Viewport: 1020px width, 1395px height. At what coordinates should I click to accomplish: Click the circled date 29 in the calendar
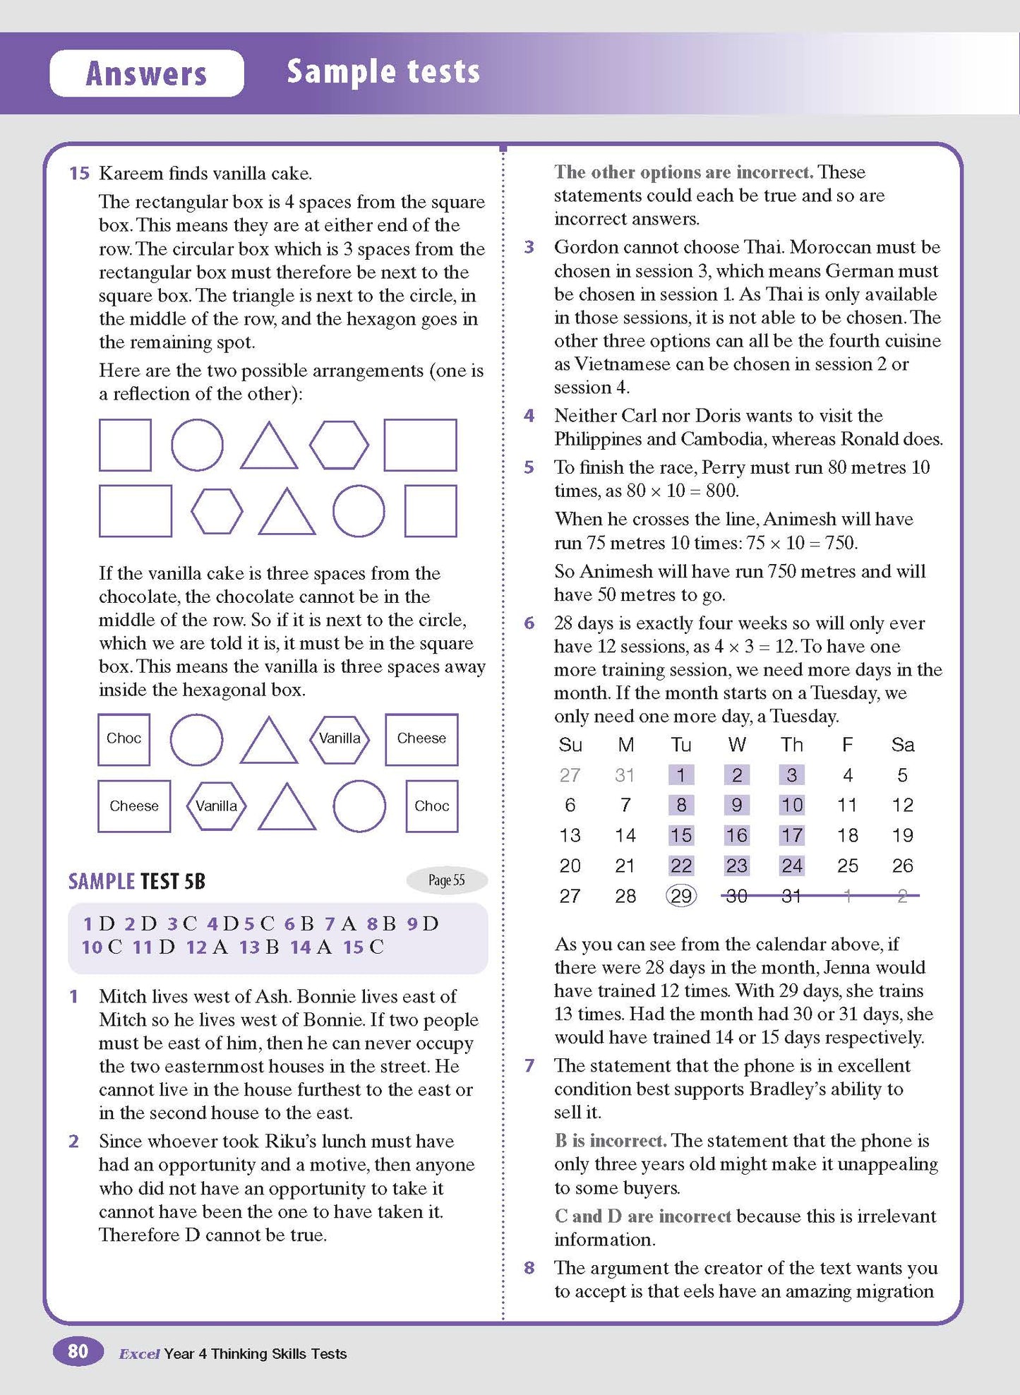click(x=680, y=896)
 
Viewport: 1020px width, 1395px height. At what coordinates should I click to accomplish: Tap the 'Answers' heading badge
click(x=146, y=73)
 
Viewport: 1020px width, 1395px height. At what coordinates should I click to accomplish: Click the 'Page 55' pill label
click(x=447, y=880)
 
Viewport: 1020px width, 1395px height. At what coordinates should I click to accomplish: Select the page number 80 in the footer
click(x=78, y=1351)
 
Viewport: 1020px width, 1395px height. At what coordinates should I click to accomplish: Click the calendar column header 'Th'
click(x=791, y=745)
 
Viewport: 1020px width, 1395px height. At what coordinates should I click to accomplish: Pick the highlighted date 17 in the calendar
click(x=791, y=835)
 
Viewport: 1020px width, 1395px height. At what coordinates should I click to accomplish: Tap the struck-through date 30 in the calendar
click(x=736, y=896)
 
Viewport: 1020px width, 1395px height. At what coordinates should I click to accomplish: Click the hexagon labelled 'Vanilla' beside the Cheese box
click(x=340, y=738)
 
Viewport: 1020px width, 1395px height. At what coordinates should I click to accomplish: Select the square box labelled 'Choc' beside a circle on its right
click(x=124, y=738)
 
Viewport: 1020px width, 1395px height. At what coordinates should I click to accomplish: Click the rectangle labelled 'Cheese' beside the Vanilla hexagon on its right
click(x=134, y=806)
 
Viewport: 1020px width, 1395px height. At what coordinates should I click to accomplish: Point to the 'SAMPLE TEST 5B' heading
click(x=136, y=881)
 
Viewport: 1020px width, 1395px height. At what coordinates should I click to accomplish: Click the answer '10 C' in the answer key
click(x=102, y=947)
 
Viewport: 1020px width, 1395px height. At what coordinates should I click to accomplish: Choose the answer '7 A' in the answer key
click(x=340, y=923)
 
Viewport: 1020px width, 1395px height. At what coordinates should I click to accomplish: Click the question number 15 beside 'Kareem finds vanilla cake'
click(x=79, y=174)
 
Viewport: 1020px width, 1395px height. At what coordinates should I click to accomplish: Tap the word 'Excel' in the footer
click(x=139, y=1354)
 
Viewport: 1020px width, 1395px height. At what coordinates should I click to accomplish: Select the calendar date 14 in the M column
click(x=625, y=835)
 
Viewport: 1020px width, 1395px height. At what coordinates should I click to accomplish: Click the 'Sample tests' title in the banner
click(x=383, y=72)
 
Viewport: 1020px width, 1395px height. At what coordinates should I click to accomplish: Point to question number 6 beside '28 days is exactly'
click(x=529, y=623)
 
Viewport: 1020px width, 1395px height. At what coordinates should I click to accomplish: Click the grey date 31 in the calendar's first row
click(x=625, y=775)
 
